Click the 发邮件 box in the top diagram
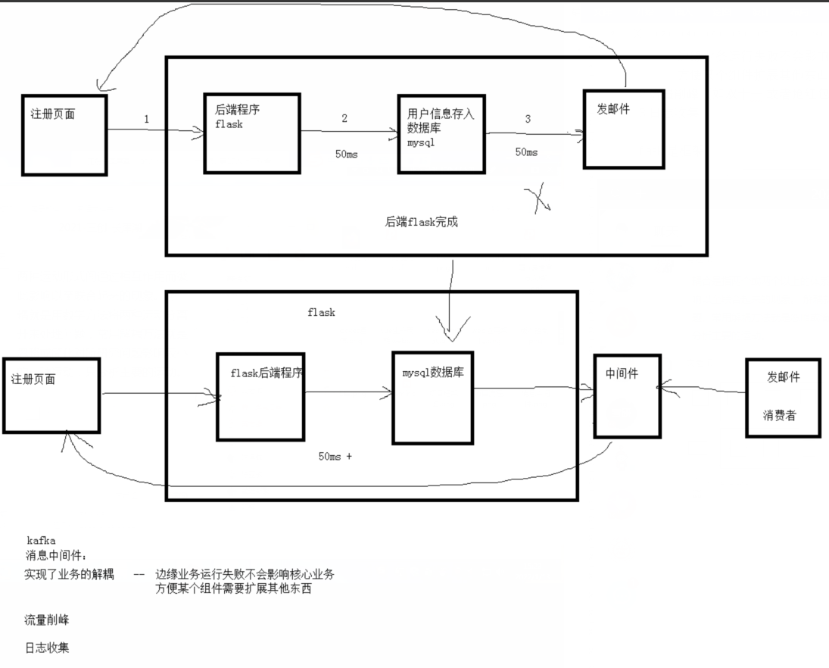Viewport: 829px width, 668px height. pos(623,129)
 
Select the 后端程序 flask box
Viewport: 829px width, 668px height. pos(251,133)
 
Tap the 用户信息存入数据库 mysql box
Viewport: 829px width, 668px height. pos(441,133)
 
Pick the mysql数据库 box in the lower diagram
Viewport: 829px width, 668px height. pos(432,397)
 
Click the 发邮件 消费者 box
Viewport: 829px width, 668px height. pos(783,397)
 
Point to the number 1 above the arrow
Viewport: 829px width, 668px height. pos(146,119)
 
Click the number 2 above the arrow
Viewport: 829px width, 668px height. pos(344,118)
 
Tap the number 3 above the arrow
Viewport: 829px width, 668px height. pos(528,119)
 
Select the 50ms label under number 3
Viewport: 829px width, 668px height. pos(527,152)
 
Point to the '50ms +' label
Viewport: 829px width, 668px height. pos(335,457)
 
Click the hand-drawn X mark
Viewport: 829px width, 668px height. pos(537,198)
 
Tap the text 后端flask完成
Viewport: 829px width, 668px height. pos(422,223)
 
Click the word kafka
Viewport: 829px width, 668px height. pos(41,541)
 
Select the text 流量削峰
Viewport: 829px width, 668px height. pos(46,620)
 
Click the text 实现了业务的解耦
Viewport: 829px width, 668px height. pos(69,575)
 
